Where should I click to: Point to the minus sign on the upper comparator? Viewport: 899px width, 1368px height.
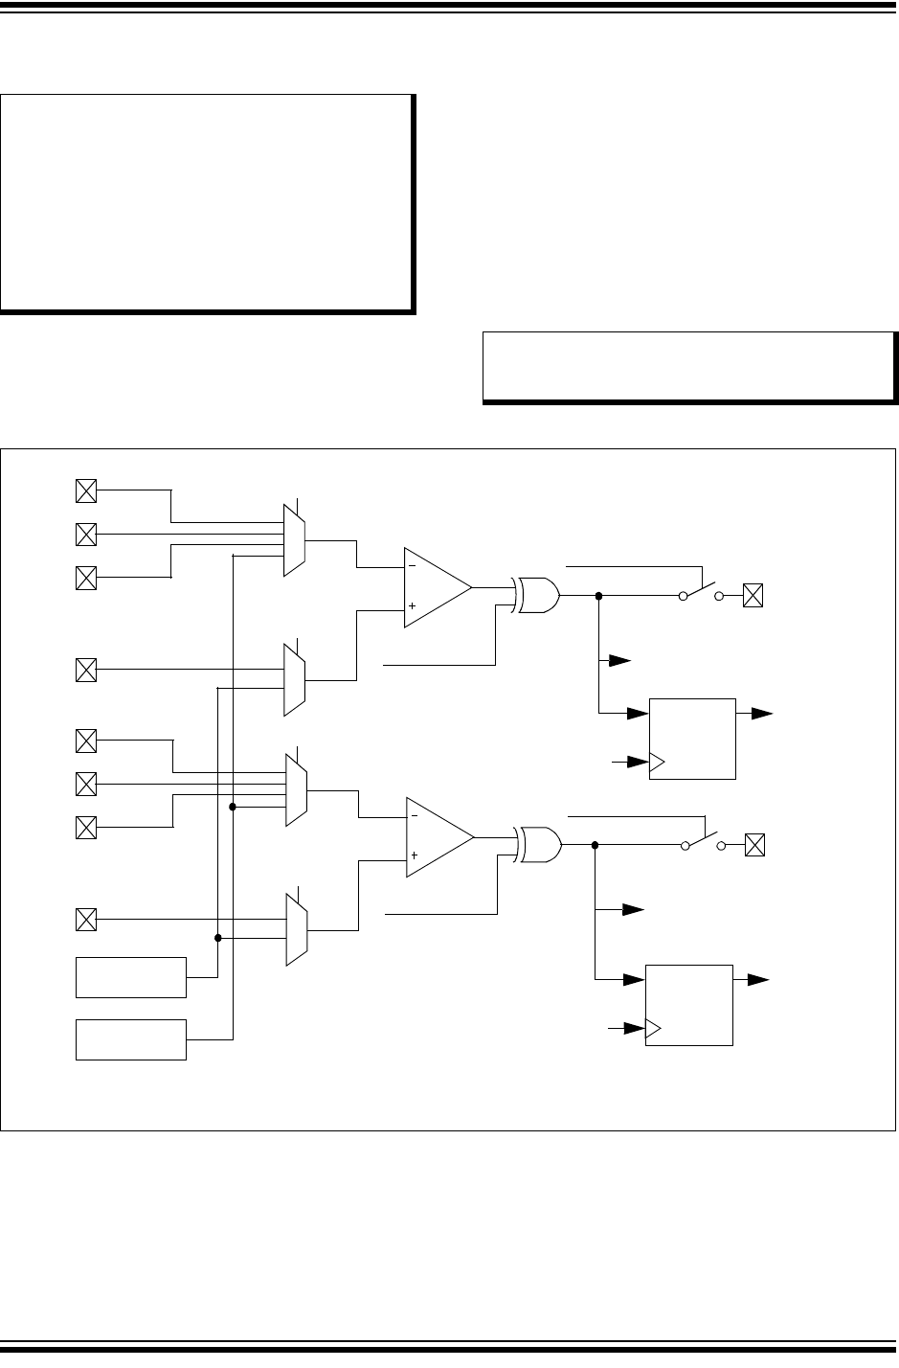coord(413,566)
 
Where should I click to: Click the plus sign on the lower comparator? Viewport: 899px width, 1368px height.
coord(414,855)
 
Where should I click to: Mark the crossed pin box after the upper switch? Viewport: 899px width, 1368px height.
coord(753,596)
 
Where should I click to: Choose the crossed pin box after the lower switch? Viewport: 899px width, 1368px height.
coord(754,845)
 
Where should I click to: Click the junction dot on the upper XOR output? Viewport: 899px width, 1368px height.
coord(598,596)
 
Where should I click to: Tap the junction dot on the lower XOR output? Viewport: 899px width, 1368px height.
coord(596,845)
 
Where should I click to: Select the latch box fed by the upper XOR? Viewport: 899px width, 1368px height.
coord(692,739)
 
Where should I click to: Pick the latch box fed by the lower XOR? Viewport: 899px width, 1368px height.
coord(689,1005)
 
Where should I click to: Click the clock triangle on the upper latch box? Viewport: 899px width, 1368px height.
coord(657,764)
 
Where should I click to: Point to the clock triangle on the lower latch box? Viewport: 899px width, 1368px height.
coord(654,1030)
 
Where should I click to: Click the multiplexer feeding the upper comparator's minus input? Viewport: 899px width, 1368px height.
coord(295,540)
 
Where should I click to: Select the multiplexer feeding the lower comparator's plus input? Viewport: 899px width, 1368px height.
coord(296,928)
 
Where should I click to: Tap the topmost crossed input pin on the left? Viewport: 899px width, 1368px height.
coord(86,491)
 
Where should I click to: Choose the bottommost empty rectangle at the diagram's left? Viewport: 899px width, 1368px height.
coord(131,1039)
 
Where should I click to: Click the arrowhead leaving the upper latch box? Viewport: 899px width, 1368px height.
coord(762,714)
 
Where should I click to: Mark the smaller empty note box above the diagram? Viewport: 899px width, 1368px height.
coord(688,366)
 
